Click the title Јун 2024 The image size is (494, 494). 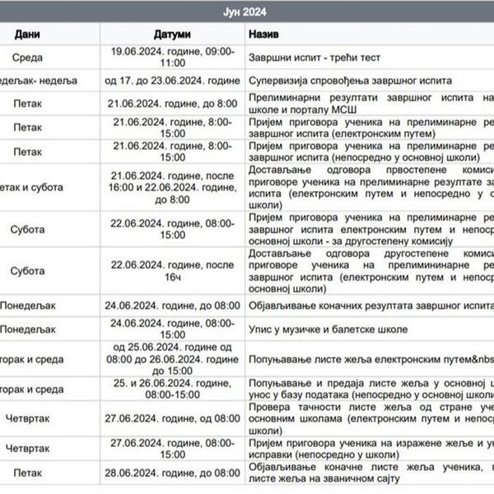pos(245,12)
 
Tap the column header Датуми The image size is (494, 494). pos(172,35)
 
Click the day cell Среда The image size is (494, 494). pos(28,58)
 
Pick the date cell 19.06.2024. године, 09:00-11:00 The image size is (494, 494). pos(172,57)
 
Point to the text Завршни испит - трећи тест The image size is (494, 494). pos(310,58)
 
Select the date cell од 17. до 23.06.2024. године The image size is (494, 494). pos(172,80)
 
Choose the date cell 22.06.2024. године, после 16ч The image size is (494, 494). pos(172,270)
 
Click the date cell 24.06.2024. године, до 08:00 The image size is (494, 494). pos(172,305)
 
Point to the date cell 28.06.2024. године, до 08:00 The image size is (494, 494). pos(172,473)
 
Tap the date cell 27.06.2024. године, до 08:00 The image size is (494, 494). pos(172,418)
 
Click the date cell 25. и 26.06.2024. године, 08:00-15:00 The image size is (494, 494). pos(172,389)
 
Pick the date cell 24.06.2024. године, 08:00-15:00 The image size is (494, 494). pos(172,329)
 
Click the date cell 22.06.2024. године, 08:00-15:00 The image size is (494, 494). pos(172,229)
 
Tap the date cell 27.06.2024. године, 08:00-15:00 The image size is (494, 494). pos(172,448)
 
